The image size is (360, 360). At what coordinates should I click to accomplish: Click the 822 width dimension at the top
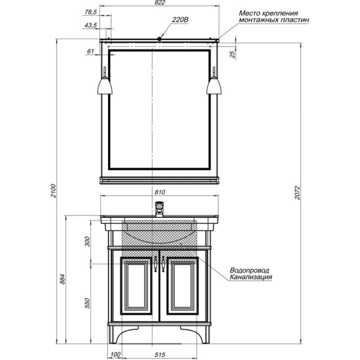pos(159,3)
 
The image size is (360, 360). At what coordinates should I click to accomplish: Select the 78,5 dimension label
pos(90,12)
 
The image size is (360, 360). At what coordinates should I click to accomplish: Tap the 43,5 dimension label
pos(90,25)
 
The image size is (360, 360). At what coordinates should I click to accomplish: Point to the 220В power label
pos(180,20)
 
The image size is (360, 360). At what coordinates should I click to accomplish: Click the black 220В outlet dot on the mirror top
pos(159,39)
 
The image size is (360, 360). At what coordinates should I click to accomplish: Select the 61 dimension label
pos(90,51)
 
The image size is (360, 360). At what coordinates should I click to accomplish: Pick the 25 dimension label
pos(232,54)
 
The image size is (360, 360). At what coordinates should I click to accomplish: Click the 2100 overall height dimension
pos(53,190)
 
